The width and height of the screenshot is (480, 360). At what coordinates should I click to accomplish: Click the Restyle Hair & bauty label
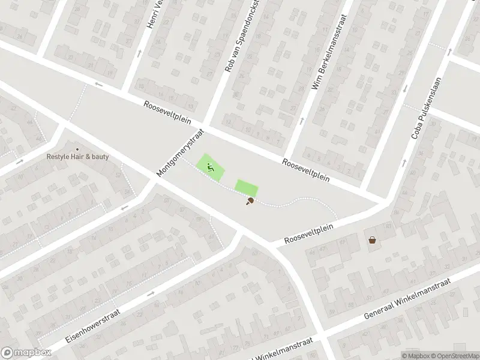[78, 157]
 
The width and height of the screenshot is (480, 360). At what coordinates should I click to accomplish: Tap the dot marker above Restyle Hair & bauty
[77, 149]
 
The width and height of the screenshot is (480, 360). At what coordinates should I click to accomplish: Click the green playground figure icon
[210, 167]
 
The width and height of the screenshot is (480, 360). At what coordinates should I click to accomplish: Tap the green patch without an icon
[246, 188]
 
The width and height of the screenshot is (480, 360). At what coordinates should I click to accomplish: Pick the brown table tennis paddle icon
[249, 202]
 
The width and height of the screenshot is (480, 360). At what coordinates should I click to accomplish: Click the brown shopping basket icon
[373, 240]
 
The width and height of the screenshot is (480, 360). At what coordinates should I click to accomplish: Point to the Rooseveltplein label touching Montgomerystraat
[167, 112]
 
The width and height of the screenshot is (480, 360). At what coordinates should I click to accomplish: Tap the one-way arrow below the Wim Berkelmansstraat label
[302, 119]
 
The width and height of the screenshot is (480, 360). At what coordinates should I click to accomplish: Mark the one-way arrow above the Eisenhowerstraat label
[150, 293]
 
